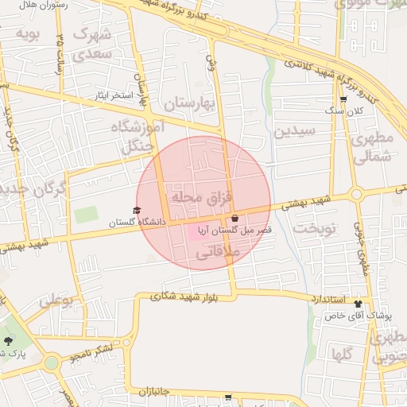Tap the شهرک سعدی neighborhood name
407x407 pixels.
click(x=91, y=45)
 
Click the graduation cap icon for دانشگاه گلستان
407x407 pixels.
click(x=137, y=211)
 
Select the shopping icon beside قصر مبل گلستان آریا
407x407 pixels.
click(x=235, y=219)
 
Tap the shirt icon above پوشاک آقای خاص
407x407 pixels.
click(x=358, y=303)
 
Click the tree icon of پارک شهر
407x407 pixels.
click(x=8, y=340)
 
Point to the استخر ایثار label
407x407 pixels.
click(x=110, y=95)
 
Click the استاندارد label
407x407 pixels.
click(x=328, y=298)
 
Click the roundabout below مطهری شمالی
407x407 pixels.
click(x=356, y=193)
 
